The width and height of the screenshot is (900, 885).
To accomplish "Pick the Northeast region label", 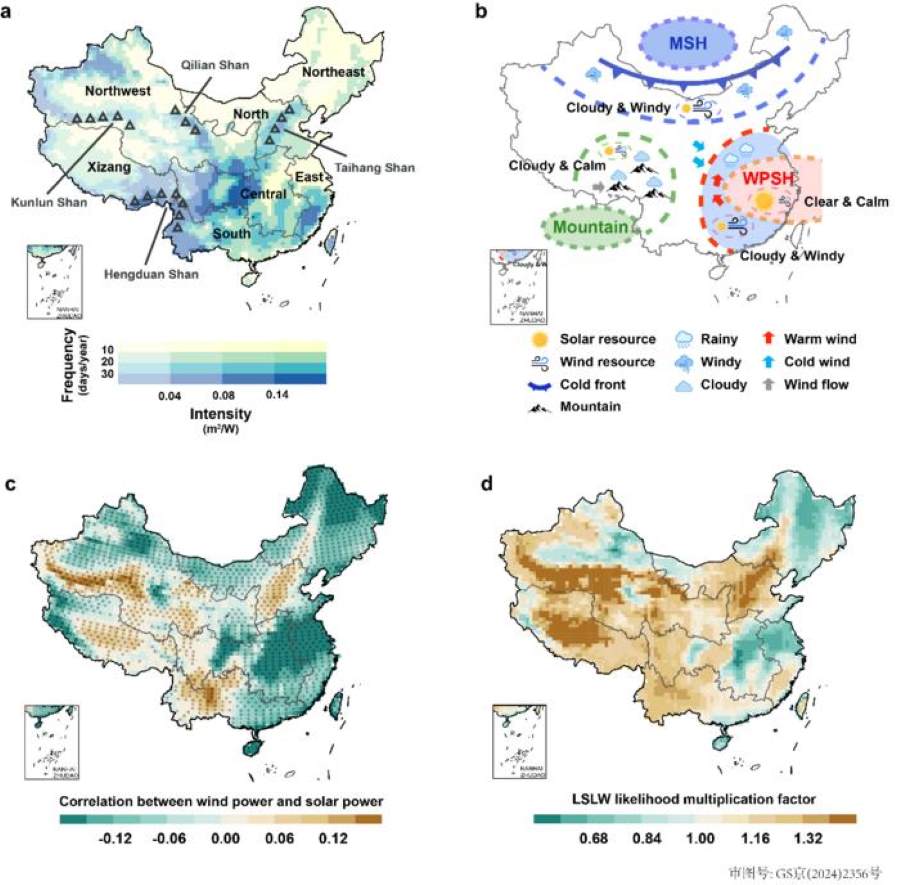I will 333,72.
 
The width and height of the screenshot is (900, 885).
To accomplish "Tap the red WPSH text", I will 770,181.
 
